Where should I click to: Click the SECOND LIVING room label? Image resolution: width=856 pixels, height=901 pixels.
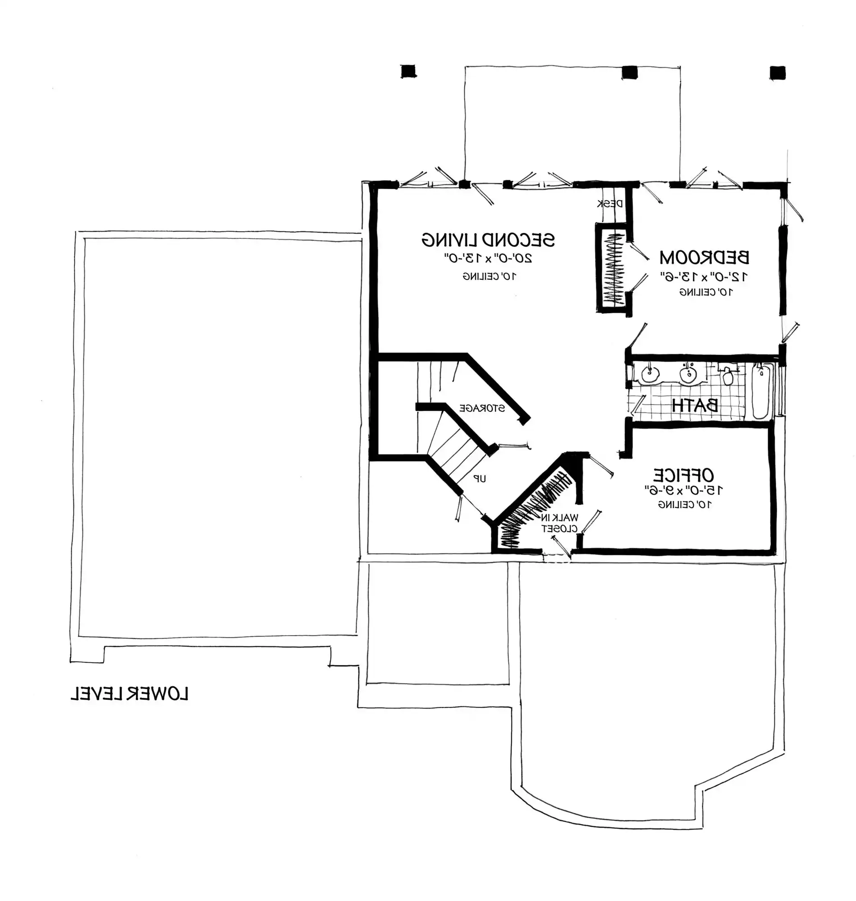(x=488, y=240)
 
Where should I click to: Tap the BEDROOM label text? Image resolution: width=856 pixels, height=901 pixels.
(x=704, y=258)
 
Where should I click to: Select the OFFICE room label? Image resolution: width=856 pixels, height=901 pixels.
(x=683, y=475)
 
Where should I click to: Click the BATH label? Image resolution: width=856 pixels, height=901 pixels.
(x=695, y=405)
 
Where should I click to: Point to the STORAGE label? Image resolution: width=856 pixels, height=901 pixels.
(x=482, y=408)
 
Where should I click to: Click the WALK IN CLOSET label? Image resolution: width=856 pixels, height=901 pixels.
(x=559, y=523)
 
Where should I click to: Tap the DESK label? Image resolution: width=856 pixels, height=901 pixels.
(x=610, y=204)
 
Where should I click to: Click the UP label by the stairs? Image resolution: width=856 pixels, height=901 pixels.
(x=479, y=478)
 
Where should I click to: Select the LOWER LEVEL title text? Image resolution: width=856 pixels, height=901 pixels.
(x=129, y=693)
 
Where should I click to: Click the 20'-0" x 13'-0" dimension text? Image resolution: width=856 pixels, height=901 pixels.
(x=488, y=258)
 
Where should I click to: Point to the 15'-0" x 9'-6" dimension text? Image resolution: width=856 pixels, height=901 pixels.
(x=683, y=490)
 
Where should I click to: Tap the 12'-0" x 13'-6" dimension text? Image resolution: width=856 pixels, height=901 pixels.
(x=705, y=276)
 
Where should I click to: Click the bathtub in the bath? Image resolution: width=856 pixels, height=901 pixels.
(x=760, y=391)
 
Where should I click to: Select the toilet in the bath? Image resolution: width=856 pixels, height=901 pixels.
(x=728, y=375)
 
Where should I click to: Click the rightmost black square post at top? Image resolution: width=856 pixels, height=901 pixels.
(x=778, y=73)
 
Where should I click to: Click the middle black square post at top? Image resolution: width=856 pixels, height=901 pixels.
(x=629, y=73)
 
